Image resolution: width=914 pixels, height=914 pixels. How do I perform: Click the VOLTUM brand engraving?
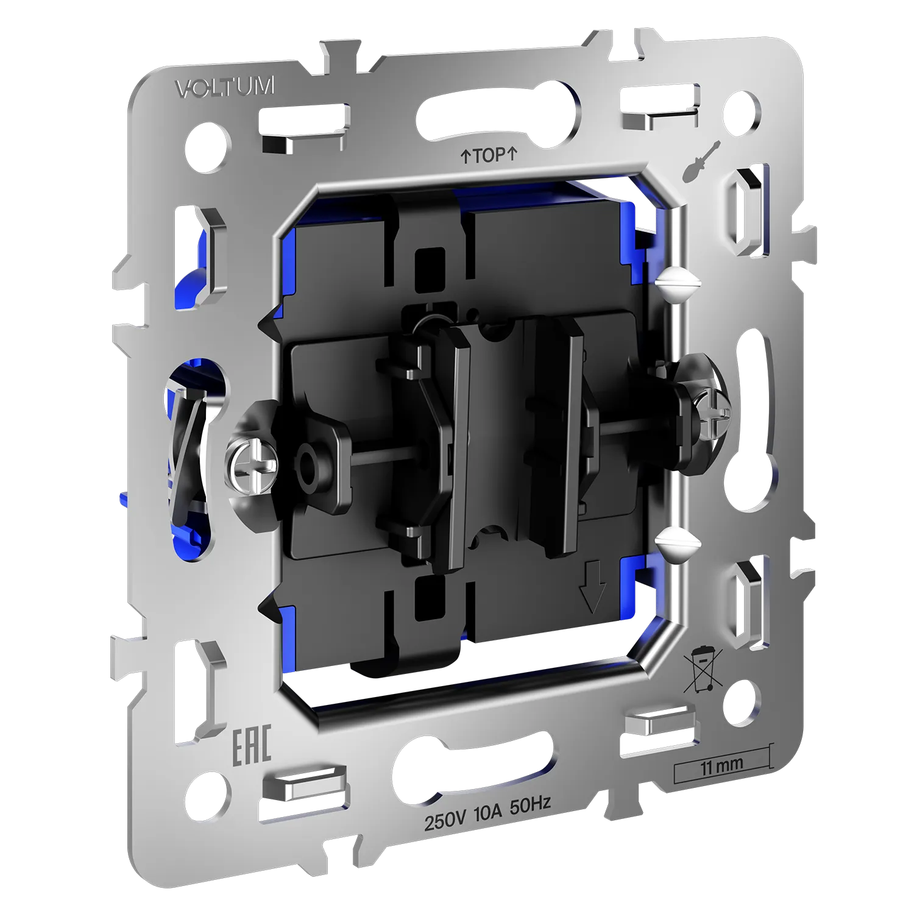tap(224, 87)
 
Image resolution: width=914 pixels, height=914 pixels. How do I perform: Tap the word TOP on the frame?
tap(489, 155)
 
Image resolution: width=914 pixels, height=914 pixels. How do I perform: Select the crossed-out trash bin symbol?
tap(703, 670)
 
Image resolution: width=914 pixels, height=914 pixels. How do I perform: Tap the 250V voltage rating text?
tap(444, 821)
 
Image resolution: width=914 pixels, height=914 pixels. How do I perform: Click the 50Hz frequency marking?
tap(531, 806)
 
